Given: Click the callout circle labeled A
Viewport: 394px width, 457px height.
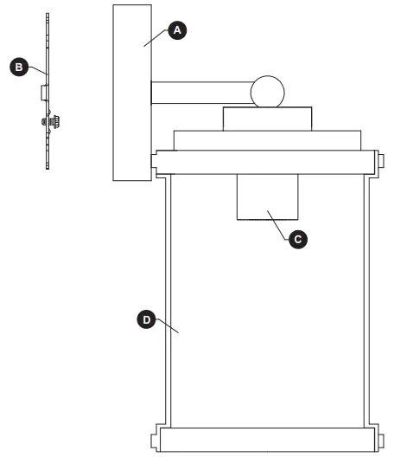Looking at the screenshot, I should coord(178,30).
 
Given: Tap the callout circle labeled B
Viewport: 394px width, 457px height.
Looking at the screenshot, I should coord(15,65).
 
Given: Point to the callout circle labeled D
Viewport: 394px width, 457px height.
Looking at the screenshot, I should coord(147,319).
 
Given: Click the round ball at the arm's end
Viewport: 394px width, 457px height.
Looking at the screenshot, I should coord(268,90).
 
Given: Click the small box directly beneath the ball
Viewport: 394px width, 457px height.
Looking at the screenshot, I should coord(268,119).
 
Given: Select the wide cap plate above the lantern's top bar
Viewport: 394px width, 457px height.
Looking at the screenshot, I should coord(266,140).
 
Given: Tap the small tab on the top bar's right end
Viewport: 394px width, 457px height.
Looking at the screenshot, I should coord(380,161).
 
